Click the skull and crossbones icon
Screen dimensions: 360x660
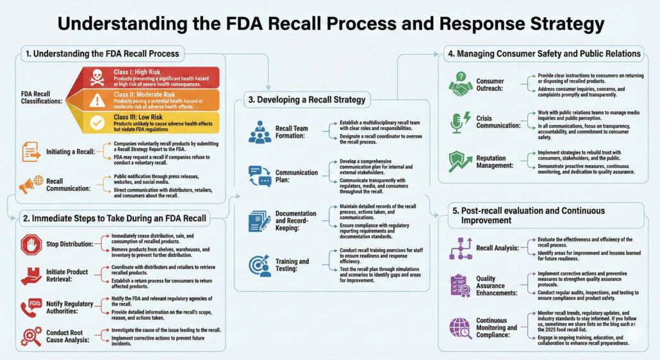point(98,78)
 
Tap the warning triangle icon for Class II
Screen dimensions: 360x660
point(97,100)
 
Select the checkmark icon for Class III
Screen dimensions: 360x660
point(97,122)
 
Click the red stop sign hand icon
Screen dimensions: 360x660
point(31,244)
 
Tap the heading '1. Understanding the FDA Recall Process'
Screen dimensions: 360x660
point(103,53)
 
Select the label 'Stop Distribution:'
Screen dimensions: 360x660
point(70,244)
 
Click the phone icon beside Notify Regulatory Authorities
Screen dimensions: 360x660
point(31,307)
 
